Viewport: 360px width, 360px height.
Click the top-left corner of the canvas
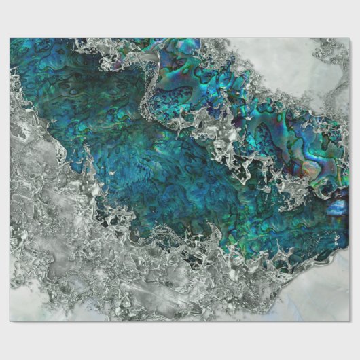click(x=10, y=38)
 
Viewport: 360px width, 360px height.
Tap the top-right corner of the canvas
click(x=350, y=38)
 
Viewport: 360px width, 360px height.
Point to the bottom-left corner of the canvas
click(x=10, y=321)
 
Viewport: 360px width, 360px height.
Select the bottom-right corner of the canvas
click(x=350, y=321)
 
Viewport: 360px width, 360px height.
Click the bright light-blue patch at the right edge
click(x=340, y=206)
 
